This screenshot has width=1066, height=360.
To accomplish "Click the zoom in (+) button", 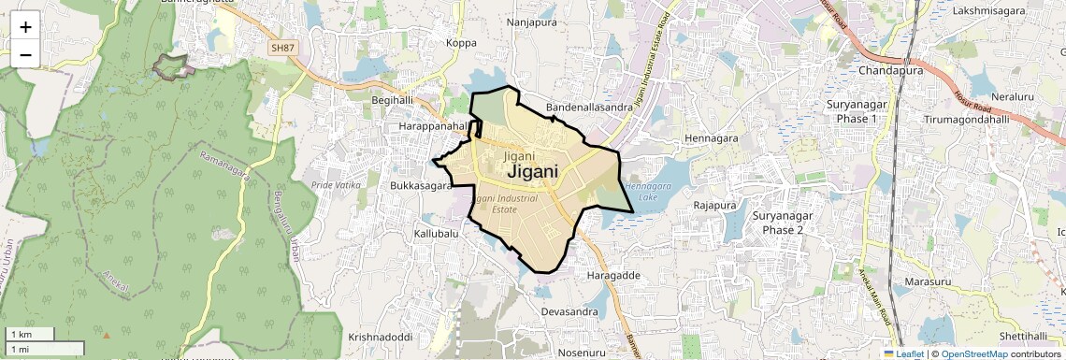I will (x=25, y=27).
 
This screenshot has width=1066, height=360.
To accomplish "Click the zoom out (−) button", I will (x=25, y=55).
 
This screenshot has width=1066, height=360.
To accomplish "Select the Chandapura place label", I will (x=890, y=70).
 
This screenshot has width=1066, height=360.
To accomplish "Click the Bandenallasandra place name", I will (x=589, y=108).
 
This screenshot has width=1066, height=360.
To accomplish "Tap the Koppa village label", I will (x=461, y=42).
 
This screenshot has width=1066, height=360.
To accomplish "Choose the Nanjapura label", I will (x=531, y=21).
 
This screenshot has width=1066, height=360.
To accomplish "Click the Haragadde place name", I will (x=613, y=276).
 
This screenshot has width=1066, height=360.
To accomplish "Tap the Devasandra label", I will (x=569, y=310).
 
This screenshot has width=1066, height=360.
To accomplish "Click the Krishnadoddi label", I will (x=381, y=337).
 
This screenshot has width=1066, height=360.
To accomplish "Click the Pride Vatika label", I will (x=336, y=185).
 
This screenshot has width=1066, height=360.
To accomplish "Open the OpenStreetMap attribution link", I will (x=973, y=353).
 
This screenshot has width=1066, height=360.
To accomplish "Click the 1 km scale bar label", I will (x=21, y=334).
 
